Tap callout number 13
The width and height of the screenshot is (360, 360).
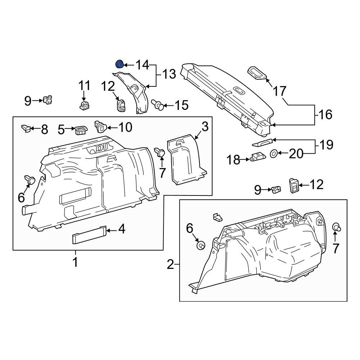(x=169, y=75)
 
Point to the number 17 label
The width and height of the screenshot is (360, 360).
(x=280, y=91)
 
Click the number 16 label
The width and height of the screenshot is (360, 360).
(x=325, y=114)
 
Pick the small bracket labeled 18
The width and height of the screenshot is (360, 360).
(x=258, y=158)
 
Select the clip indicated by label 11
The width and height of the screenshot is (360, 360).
(x=84, y=105)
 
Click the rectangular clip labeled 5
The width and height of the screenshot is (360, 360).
(x=81, y=130)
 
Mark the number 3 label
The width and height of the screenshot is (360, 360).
(x=205, y=127)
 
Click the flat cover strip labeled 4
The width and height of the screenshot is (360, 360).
(x=90, y=234)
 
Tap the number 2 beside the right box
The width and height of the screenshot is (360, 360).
(x=170, y=265)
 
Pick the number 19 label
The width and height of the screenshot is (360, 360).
(x=327, y=145)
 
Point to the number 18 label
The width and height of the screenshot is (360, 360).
(x=233, y=160)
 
